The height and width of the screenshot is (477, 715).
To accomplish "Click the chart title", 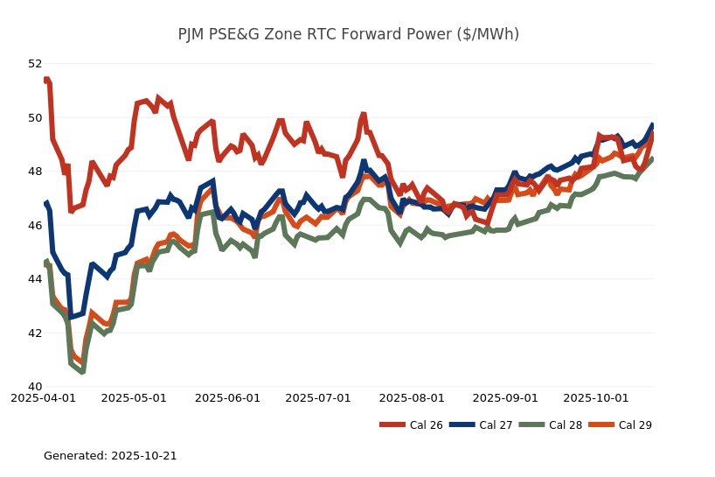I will pos(349,34).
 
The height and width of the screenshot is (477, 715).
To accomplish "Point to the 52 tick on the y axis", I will pos(35,64).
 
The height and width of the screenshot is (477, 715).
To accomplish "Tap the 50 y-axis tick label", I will pos(35,117).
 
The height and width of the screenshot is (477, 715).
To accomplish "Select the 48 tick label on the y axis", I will pos(35,172).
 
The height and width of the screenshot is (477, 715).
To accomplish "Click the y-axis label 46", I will pos(35,225).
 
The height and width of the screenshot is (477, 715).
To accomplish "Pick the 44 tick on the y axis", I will pos(35,279).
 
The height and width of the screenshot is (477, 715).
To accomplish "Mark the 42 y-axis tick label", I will pos(35,333).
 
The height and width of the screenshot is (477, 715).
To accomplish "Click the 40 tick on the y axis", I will pos(35,387).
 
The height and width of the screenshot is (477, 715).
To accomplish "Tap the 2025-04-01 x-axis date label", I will pos(43,397).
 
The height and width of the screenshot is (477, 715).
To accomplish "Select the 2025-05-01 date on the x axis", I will pos(134,397).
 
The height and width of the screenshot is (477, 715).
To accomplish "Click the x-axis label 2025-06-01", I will pos(227,397).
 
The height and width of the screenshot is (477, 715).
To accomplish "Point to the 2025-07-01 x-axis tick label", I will pos(318,397).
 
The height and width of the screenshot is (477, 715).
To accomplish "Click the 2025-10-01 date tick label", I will pos(596,397).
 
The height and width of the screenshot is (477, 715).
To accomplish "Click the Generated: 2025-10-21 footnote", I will pos(110,456).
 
